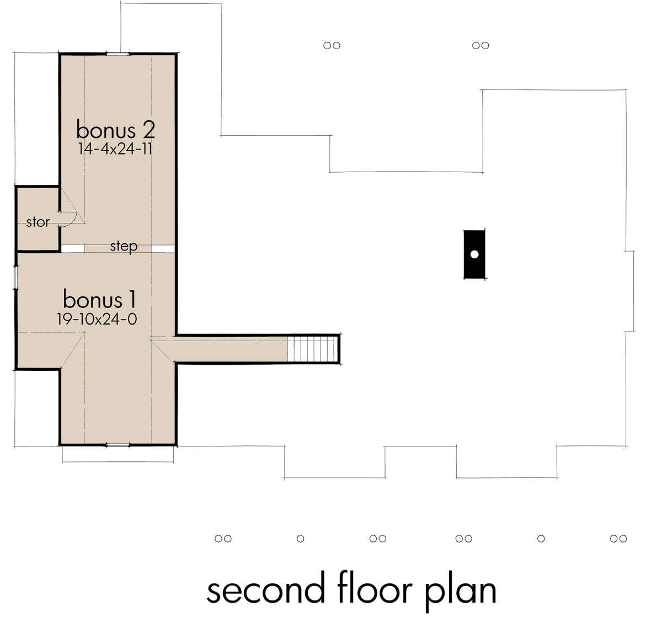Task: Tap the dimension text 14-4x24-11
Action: coord(115,149)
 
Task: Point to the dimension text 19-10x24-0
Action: coord(97,319)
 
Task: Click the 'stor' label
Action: coord(38,222)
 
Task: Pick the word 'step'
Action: coord(124,247)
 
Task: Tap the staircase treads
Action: coord(313,349)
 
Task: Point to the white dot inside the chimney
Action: coord(474,254)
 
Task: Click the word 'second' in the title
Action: coord(266,590)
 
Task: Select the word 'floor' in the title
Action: coord(375,588)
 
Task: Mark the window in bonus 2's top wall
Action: coord(118,54)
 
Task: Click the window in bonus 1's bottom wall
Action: coord(118,445)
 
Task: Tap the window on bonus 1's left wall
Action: coord(15,278)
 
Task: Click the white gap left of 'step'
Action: coord(73,248)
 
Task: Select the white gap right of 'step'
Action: coord(163,249)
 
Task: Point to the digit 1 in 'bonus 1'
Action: coord(133,299)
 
